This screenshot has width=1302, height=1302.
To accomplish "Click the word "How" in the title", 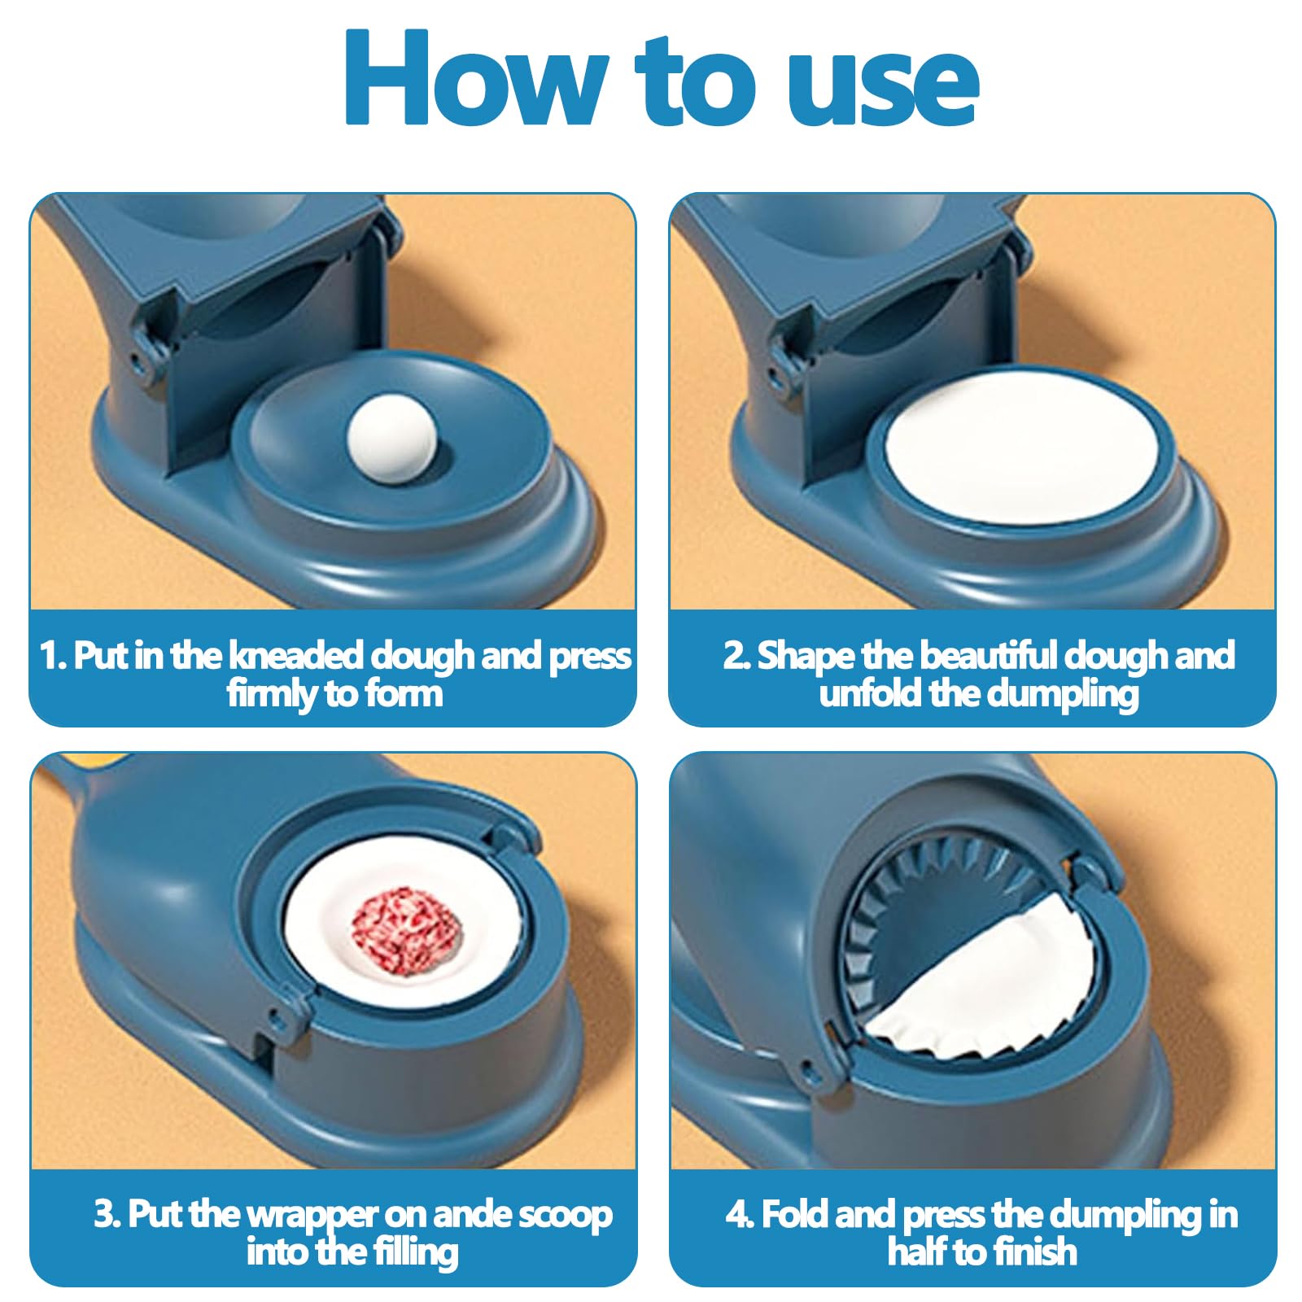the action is (476, 78).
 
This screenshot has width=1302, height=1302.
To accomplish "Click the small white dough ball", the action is (391, 439).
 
